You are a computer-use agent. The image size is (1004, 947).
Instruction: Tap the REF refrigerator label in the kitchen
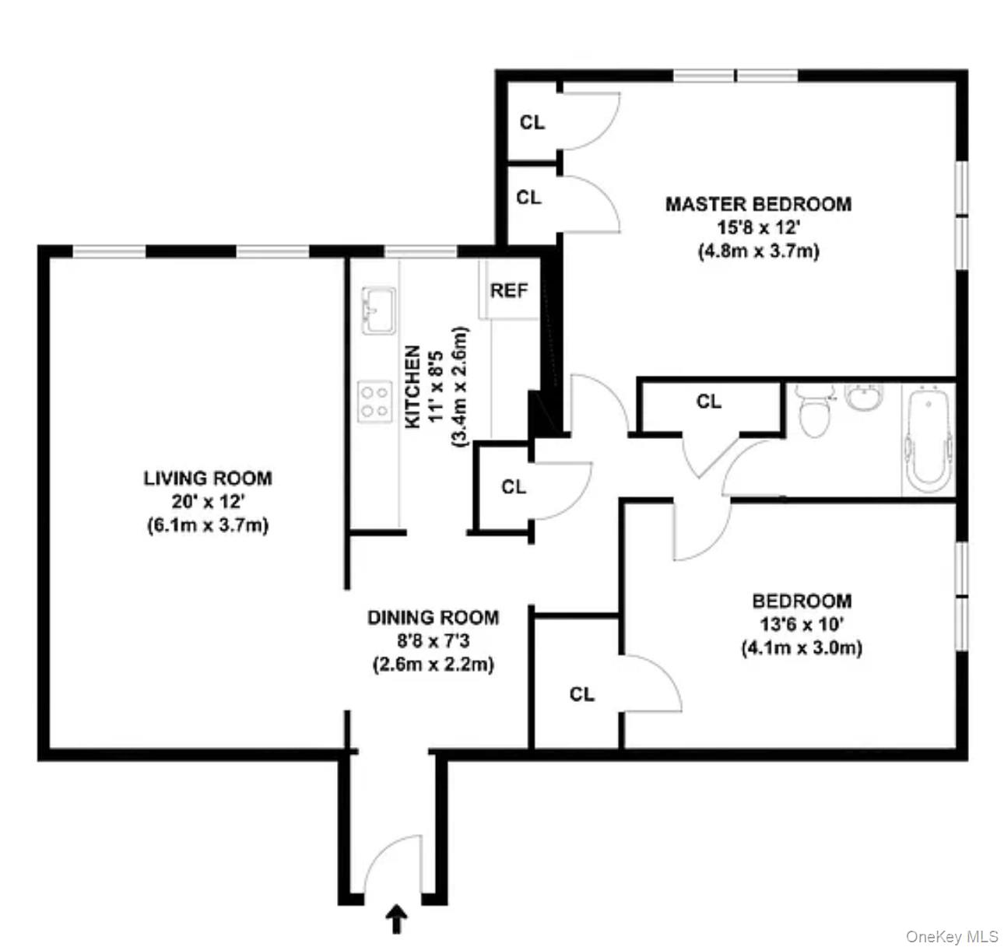pyautogui.click(x=509, y=291)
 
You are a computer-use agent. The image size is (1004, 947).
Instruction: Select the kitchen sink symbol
pyautogui.click(x=378, y=310)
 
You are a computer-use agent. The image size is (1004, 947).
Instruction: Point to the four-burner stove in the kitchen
pyautogui.click(x=374, y=402)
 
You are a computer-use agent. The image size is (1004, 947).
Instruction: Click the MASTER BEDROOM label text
pyautogui.click(x=758, y=204)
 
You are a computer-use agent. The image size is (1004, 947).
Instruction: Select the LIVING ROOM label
pyautogui.click(x=208, y=477)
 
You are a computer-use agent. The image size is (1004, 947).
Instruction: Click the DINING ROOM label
pyautogui.click(x=433, y=618)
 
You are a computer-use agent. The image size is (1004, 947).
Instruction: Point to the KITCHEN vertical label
pyautogui.click(x=413, y=387)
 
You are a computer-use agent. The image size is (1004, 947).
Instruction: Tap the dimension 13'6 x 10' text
pyautogui.click(x=802, y=624)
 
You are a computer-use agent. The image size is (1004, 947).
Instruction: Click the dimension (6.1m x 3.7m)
pyautogui.click(x=208, y=525)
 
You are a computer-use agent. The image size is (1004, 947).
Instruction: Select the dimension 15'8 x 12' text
pyautogui.click(x=758, y=228)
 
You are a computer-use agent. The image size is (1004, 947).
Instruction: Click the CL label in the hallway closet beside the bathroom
pyautogui.click(x=709, y=402)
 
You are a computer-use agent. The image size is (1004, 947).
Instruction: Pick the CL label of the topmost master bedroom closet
pyautogui.click(x=532, y=122)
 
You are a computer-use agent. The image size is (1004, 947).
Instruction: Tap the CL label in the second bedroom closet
pyautogui.click(x=581, y=694)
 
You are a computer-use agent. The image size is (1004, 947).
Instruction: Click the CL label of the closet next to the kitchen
pyautogui.click(x=514, y=487)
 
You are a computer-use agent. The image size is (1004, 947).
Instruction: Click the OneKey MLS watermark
pyautogui.click(x=952, y=937)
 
